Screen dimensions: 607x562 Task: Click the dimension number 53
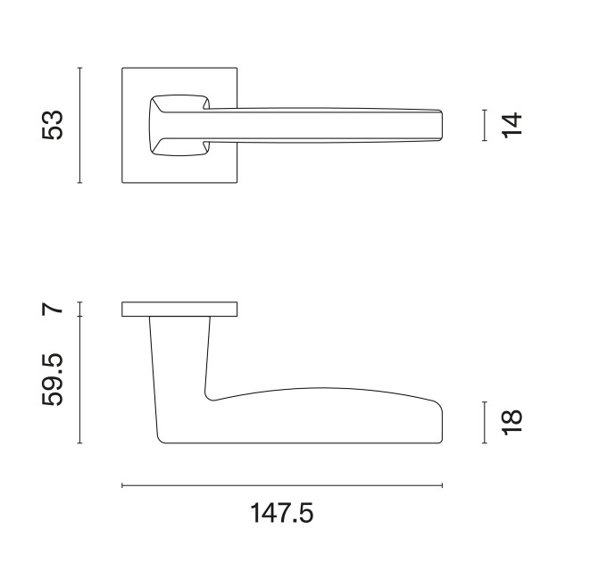click(x=52, y=125)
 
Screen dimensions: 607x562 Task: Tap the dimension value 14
click(x=511, y=125)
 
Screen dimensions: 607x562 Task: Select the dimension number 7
click(x=52, y=309)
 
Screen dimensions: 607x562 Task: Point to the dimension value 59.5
click(x=52, y=379)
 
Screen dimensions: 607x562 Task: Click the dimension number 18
click(x=511, y=422)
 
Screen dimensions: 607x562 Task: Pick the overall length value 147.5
click(x=282, y=513)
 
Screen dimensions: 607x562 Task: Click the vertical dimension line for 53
click(x=79, y=125)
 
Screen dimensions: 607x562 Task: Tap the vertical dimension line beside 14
click(x=485, y=125)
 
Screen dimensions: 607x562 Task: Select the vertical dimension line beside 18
click(x=485, y=422)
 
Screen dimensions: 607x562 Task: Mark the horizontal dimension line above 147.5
click(x=282, y=485)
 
